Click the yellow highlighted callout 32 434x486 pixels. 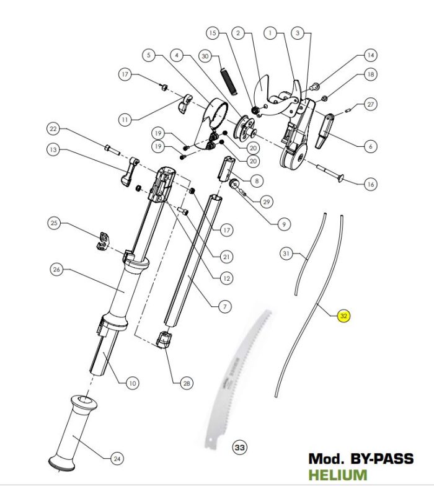tap(344, 316)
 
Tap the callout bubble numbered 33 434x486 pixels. tap(239, 446)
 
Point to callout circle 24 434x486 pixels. tap(117, 459)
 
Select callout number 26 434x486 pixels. tap(56, 270)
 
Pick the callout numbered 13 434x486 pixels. tap(53, 149)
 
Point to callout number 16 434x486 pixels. tap(371, 184)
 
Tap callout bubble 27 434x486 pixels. tap(371, 105)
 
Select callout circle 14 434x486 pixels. tap(371, 55)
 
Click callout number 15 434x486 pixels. tap(213, 32)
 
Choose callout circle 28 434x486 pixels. tap(186, 384)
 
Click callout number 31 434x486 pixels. tap(286, 254)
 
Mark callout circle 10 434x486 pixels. tap(131, 384)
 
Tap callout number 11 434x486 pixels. tap(126, 118)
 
